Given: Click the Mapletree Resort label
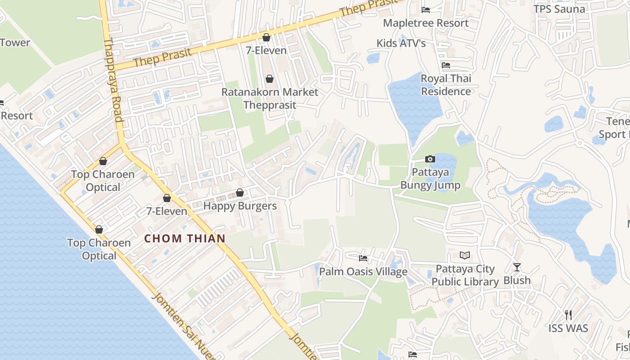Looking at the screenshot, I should [x=426, y=23].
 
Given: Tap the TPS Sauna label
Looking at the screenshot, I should [x=559, y=9].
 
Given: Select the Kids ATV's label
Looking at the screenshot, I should [x=401, y=43].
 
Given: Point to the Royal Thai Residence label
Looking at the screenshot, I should [x=445, y=85].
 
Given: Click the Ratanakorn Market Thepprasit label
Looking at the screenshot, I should [x=270, y=99].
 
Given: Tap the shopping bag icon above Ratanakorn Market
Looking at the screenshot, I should [x=269, y=79].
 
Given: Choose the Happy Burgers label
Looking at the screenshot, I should [x=240, y=206].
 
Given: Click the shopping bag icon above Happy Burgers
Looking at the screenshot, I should [x=239, y=193].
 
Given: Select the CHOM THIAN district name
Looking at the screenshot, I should [x=184, y=238].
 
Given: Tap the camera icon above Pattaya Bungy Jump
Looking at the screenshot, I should [x=430, y=159].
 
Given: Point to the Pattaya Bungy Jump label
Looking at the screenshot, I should [x=430, y=179].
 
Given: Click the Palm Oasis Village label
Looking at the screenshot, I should [x=363, y=272].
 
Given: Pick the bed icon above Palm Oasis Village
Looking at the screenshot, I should [x=363, y=258].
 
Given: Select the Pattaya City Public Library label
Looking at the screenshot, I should [x=465, y=275].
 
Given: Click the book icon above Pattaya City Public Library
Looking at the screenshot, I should [x=465, y=256].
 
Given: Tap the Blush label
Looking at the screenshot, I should [x=517, y=280].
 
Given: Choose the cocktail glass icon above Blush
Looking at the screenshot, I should [x=517, y=267].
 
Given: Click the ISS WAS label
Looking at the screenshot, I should [x=568, y=328].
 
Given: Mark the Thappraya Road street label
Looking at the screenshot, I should [x=113, y=80].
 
